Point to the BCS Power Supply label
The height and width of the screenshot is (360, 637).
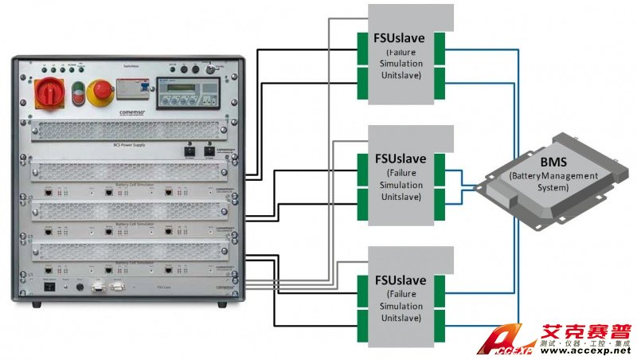(131, 146)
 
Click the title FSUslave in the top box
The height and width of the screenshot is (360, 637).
(400, 38)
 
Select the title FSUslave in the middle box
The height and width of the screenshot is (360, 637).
(400, 157)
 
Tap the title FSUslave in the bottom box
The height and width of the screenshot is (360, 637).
(400, 280)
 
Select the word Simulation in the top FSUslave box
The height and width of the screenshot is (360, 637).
(400, 65)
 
